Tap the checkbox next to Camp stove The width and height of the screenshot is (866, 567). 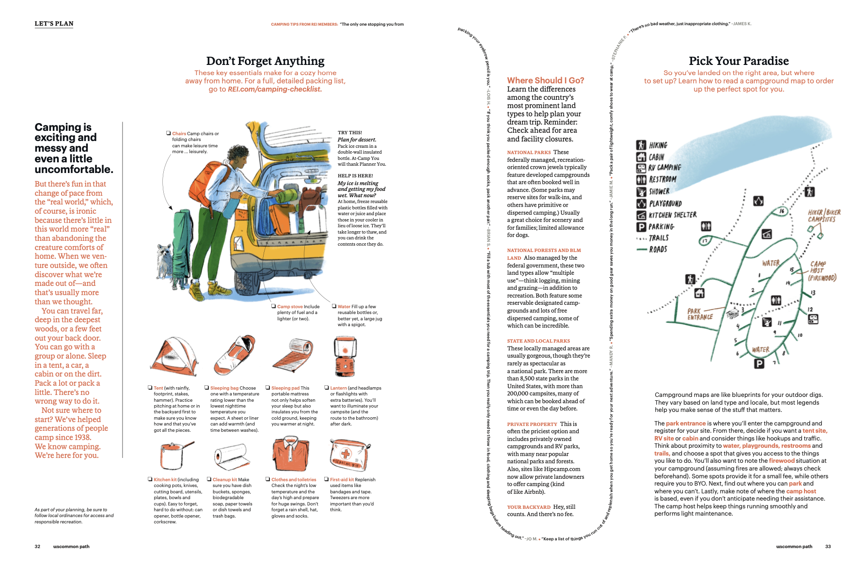pos(274,306)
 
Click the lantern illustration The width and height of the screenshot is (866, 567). pos(345,357)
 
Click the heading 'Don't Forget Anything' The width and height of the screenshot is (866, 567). pos(265,61)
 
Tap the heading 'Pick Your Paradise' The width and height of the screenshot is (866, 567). pos(739,61)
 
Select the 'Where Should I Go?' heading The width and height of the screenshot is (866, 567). pos(545,80)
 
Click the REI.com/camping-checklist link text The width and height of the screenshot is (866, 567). pos(274,89)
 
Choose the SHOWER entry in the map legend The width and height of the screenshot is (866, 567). pos(659,191)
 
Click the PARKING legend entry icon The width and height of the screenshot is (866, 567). pos(641,227)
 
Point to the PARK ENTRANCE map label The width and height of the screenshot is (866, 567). pos(700,314)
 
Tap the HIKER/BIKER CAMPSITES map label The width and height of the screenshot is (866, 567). pos(824,216)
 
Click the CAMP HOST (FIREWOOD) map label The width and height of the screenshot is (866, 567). pos(821,271)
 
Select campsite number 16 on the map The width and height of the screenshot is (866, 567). pos(782,211)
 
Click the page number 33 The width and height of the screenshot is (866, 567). pos(828,547)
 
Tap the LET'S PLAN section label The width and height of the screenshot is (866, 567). pos(54,24)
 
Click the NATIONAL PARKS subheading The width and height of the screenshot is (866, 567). pos(529,152)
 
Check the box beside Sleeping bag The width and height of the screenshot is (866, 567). pos(207,388)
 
